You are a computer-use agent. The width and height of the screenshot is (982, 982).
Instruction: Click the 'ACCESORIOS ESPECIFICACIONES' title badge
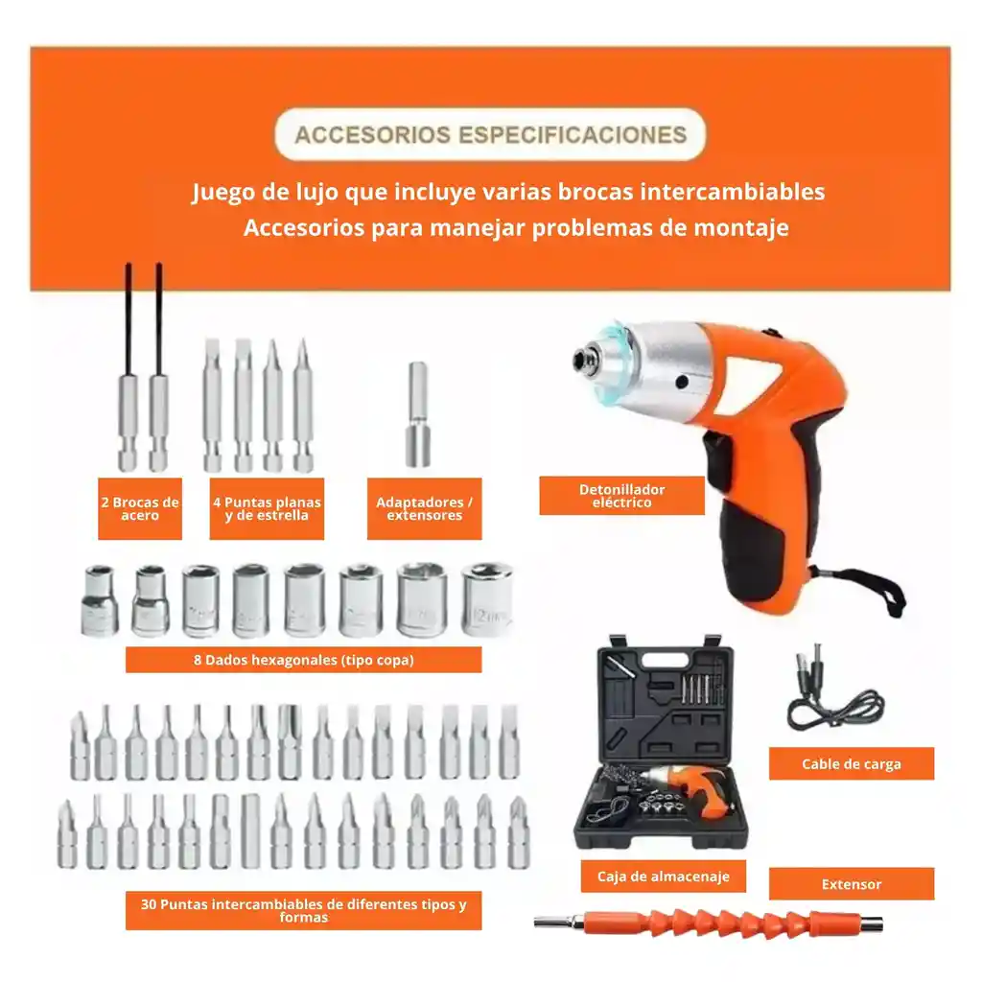(490, 134)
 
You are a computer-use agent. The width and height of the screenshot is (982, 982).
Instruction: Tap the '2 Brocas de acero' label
(140, 508)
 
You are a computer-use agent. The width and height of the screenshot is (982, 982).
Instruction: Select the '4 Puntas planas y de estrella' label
(267, 508)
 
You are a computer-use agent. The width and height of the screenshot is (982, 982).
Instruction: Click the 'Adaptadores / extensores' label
(424, 508)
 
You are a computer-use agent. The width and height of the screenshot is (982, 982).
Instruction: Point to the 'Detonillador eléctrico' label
(621, 496)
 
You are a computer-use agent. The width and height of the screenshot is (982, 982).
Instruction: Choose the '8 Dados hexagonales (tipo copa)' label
(303, 660)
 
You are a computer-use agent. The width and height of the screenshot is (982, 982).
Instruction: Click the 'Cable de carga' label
(852, 764)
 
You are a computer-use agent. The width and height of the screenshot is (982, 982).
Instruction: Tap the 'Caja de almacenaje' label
(663, 877)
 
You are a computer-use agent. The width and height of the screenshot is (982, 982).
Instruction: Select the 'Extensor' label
(852, 884)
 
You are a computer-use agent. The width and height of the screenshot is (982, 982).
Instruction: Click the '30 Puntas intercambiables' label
(303, 910)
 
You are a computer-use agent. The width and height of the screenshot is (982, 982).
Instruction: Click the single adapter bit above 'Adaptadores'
(418, 414)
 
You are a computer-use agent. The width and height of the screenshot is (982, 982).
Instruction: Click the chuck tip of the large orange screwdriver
(582, 358)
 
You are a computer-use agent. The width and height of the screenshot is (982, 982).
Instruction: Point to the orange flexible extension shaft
(710, 924)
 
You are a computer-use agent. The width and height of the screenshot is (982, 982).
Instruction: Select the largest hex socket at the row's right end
(486, 599)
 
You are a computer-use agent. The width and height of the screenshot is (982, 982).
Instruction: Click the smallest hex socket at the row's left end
(99, 601)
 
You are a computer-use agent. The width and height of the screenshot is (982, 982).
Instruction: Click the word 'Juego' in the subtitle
(222, 193)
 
